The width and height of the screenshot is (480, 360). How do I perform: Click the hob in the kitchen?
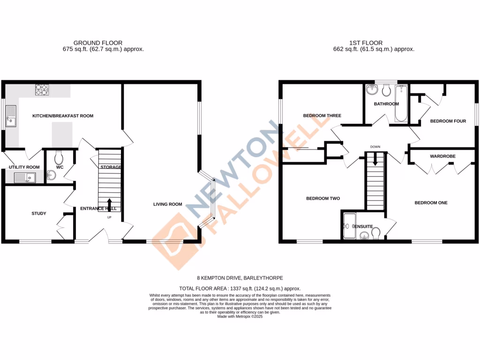(42, 89)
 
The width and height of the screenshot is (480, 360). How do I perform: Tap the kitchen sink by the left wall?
(10, 117)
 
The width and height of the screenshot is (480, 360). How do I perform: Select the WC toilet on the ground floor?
(59, 157)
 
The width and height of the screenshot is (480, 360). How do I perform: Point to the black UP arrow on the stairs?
(109, 205)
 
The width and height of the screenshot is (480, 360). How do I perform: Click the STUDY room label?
(39, 214)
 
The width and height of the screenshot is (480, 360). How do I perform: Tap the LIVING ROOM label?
(167, 204)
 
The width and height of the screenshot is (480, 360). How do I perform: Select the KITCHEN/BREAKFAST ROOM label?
(62, 116)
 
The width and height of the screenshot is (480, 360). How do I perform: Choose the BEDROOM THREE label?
(322, 116)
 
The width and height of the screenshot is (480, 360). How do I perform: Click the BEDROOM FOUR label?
(448, 121)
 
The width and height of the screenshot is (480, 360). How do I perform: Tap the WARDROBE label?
(442, 156)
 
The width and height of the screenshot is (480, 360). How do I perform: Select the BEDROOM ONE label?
(431, 203)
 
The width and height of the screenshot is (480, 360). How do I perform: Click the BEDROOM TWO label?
(323, 199)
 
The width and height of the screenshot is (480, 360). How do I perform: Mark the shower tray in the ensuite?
(349, 226)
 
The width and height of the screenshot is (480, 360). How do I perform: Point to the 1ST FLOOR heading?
(360, 43)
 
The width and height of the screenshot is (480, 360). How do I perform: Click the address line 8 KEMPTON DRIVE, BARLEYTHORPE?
(240, 278)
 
